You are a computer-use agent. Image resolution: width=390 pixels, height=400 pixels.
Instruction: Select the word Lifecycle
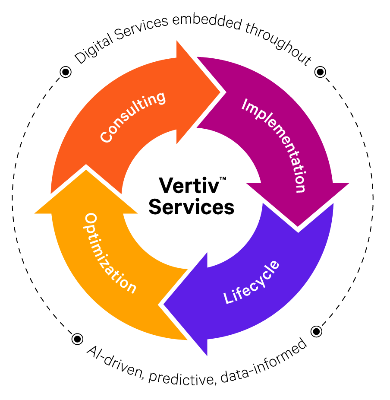(252, 283)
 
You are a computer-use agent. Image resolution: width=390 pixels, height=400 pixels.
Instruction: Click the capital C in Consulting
(106, 137)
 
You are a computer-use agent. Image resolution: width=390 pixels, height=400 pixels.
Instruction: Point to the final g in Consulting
(161, 98)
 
